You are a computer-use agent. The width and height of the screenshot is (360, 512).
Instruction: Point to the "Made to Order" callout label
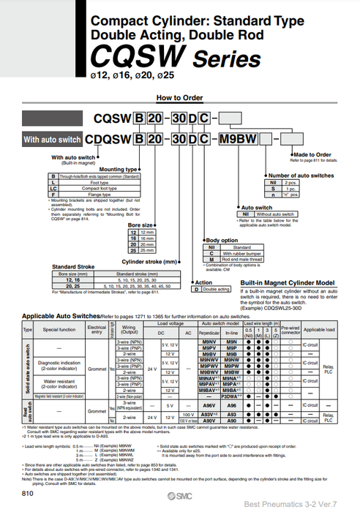[312, 155]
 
